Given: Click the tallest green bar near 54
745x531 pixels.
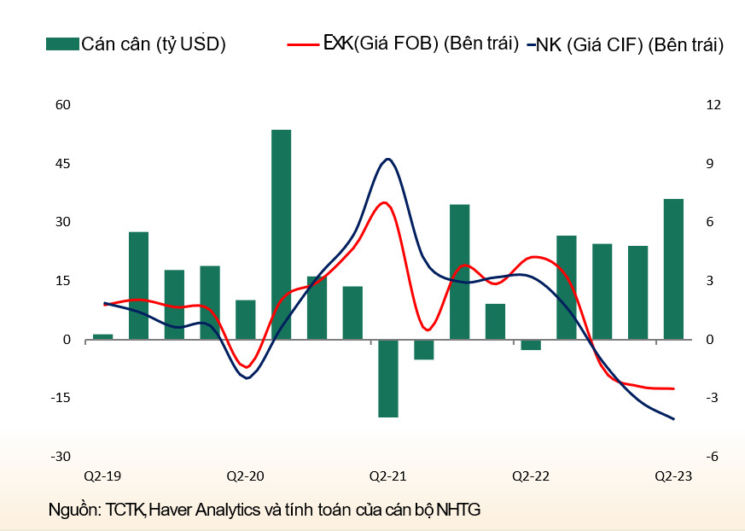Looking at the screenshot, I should coord(282,234).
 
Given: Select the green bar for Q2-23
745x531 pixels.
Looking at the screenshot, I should coord(673,269).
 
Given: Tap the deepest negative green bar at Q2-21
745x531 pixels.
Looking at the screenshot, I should coord(388,378).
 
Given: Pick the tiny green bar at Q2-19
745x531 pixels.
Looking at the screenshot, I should coord(103,336).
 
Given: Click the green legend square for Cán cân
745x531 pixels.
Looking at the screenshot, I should coord(62,44).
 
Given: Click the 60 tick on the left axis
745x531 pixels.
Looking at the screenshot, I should coord(61,105).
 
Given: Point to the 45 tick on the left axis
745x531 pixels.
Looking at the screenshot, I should coord(61,163).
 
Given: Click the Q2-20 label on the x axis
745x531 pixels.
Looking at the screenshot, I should coord(245,476).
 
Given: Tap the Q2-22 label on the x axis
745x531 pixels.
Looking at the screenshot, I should coord(530,476).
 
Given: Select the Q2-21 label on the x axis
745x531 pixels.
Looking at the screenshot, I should coord(387,476).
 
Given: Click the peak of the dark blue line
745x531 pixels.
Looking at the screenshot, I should coord(388,159).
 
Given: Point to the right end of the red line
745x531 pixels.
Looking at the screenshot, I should coord(673,388).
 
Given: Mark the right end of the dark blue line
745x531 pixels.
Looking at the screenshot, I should coord(674,418).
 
